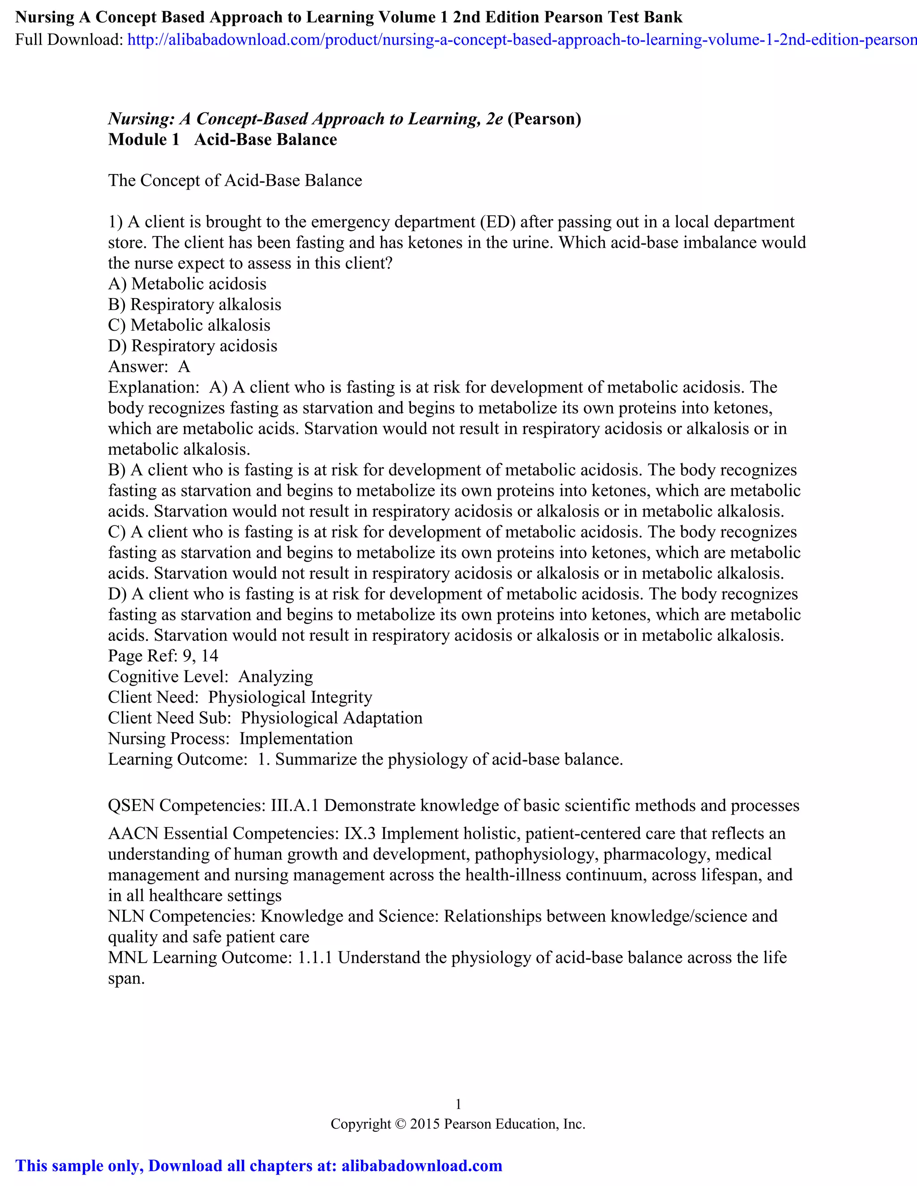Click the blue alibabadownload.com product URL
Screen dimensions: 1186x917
click(x=522, y=40)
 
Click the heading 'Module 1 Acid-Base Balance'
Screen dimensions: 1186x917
click(x=222, y=140)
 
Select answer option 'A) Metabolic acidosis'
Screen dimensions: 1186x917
click(x=188, y=284)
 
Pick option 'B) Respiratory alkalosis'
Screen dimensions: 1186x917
click(x=194, y=305)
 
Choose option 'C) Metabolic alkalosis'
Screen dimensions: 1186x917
click(x=189, y=325)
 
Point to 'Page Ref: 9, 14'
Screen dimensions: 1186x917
click(x=163, y=656)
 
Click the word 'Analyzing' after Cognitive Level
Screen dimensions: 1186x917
click(x=275, y=677)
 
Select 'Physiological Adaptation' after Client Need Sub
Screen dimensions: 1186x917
click(x=331, y=718)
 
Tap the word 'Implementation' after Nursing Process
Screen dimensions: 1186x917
click(x=296, y=738)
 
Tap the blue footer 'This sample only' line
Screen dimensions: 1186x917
click(x=259, y=1166)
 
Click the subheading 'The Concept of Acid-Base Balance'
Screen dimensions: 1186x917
click(x=235, y=181)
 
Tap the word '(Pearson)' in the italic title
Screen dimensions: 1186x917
click(x=544, y=119)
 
